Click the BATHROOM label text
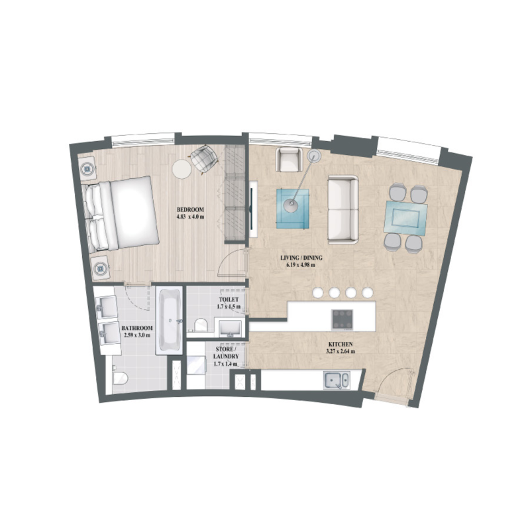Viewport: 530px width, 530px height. [137, 328]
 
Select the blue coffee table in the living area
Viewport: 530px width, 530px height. [293, 207]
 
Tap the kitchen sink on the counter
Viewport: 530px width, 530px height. [335, 380]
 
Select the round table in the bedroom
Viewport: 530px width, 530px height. [182, 169]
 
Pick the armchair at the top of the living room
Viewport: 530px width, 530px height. [289, 160]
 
